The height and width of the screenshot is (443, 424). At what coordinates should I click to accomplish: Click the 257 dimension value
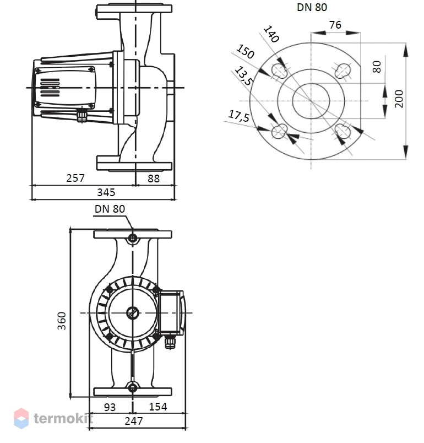tap(75, 178)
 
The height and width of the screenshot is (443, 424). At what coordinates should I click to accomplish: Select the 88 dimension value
tap(154, 179)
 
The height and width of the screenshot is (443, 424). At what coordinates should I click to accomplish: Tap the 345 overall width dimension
tap(106, 192)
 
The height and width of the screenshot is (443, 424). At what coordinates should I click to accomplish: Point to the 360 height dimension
tap(62, 321)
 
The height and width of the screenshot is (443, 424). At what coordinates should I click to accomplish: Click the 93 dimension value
tap(110, 407)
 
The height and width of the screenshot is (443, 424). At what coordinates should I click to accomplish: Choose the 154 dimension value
tap(158, 407)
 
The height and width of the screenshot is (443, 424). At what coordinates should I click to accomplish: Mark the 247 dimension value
tap(134, 422)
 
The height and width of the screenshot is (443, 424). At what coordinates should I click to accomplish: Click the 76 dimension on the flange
tap(335, 25)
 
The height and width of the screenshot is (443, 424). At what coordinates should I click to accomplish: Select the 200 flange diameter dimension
tap(399, 99)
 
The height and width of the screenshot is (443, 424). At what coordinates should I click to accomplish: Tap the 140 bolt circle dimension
tap(271, 34)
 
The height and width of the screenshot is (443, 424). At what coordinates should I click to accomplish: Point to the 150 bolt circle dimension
tap(245, 51)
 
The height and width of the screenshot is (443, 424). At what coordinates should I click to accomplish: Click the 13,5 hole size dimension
tap(243, 75)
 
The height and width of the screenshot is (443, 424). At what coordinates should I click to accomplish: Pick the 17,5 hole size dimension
tap(239, 116)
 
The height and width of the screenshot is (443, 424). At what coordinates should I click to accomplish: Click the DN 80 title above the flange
tap(312, 7)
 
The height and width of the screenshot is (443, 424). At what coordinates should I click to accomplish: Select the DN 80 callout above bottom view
tap(110, 209)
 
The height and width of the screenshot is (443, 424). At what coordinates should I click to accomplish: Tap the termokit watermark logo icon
tap(21, 418)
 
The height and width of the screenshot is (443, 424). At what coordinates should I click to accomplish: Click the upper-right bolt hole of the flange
tap(343, 70)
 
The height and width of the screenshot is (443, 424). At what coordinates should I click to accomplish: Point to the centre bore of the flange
tap(311, 101)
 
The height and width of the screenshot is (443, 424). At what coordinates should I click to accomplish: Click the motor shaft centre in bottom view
tap(132, 313)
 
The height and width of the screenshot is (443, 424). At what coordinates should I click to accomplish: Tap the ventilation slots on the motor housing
tap(50, 88)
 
